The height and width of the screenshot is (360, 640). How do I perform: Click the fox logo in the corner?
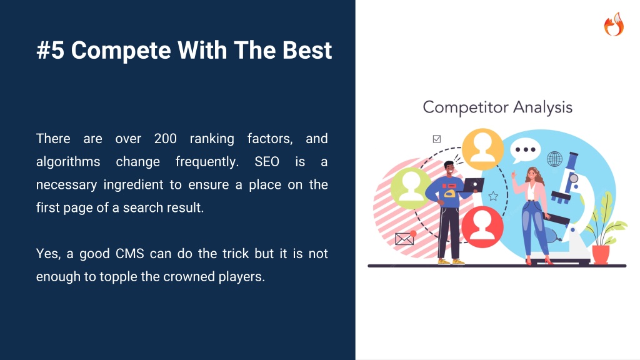[x=614, y=24]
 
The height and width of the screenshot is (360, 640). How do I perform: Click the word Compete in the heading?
[x=121, y=50]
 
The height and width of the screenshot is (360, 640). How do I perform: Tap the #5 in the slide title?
[x=51, y=50]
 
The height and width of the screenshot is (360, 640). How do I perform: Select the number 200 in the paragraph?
[x=165, y=139]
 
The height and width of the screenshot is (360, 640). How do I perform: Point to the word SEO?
[x=267, y=162]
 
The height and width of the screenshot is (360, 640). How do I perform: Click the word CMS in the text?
[x=130, y=254]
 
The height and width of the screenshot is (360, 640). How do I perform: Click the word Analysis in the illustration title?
[x=543, y=107]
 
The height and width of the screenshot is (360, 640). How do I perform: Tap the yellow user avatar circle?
[x=482, y=149]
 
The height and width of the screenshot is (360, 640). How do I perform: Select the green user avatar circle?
[x=411, y=188]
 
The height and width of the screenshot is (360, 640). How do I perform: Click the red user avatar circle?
[x=482, y=227]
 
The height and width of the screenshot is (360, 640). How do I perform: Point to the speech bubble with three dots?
[x=525, y=151]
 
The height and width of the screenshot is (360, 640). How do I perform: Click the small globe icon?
[x=554, y=159]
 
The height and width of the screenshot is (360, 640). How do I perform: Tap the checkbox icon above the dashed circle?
[x=437, y=139]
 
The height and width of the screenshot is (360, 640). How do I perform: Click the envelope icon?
[x=405, y=238]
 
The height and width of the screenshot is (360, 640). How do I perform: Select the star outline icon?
[x=493, y=196]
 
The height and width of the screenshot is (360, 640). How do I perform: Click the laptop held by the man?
[x=472, y=185]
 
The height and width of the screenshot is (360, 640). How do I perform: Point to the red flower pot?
[x=601, y=255]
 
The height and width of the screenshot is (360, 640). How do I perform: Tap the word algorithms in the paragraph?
[x=68, y=162]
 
